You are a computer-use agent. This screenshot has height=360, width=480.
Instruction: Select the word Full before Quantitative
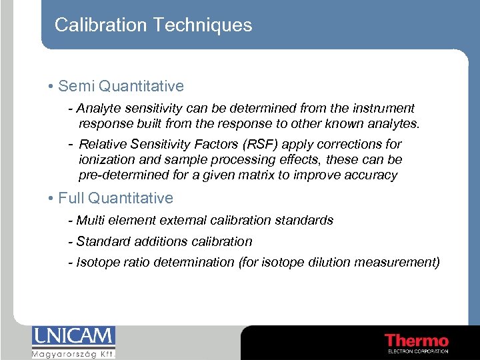point(71,198)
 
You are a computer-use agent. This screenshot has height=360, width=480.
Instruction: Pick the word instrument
point(383,108)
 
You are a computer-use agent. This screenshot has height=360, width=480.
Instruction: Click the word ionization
point(105,160)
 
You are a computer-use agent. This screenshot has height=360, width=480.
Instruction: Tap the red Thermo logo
point(417,341)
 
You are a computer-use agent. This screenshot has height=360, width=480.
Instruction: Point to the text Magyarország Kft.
point(73,353)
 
